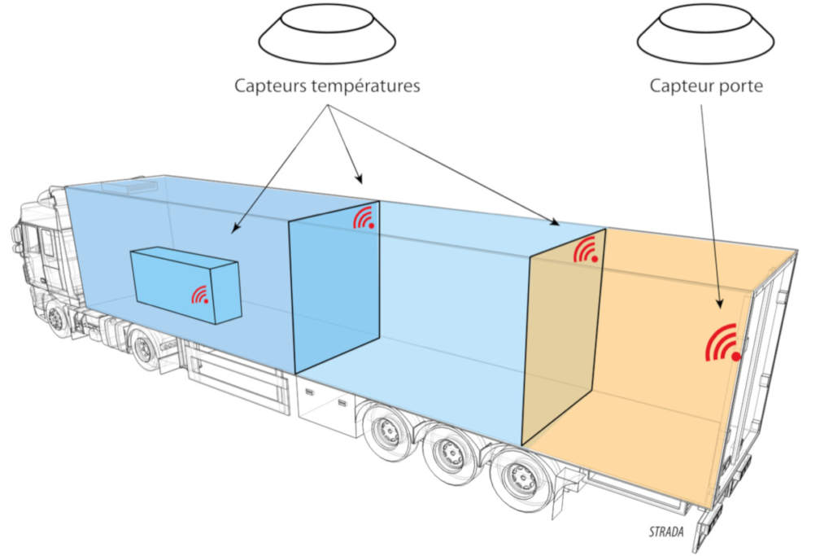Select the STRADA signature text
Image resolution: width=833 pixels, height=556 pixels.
pos(667,533)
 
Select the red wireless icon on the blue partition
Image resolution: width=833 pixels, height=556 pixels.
pos(364,217)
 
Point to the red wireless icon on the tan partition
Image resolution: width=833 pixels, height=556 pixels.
pos(587,250)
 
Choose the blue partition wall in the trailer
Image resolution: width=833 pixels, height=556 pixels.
pos(334,285)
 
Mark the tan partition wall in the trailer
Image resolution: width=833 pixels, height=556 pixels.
pos(565,342)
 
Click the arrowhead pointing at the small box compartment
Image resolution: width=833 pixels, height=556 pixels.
pos(234,230)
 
